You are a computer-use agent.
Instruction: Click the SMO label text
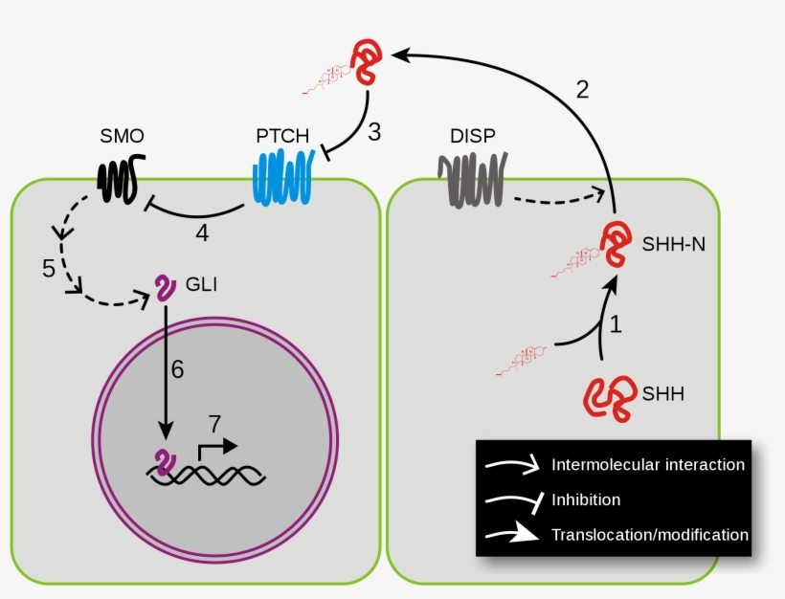coord(122,136)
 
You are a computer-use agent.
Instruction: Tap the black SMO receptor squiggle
coord(120,176)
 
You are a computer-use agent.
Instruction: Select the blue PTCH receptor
coord(280,180)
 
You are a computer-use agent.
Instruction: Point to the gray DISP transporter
coord(471,179)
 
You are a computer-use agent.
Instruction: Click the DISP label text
coord(472,136)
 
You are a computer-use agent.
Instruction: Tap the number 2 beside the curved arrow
coord(581,90)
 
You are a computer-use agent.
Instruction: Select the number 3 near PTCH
coord(374,131)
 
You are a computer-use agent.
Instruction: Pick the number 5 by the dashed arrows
coord(49,269)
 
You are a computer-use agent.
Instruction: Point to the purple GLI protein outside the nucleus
coord(166,288)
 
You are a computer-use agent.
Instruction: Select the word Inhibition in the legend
coord(586,499)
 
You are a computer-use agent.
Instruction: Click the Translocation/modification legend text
coord(650,535)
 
